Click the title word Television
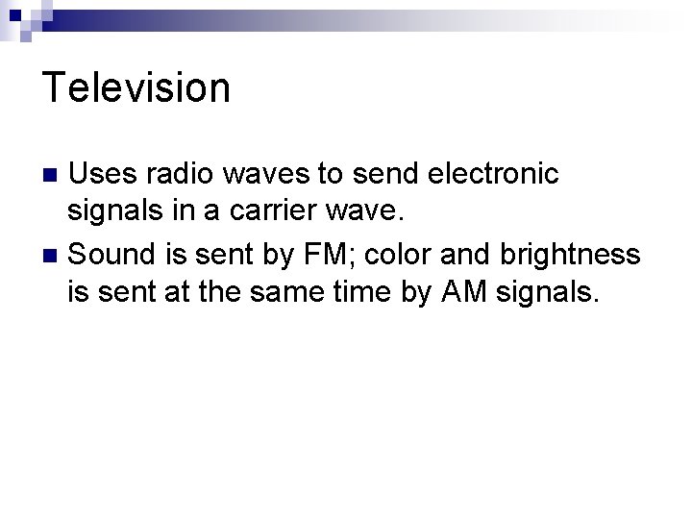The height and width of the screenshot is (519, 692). click(x=136, y=87)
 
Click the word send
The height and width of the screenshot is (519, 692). click(x=379, y=175)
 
